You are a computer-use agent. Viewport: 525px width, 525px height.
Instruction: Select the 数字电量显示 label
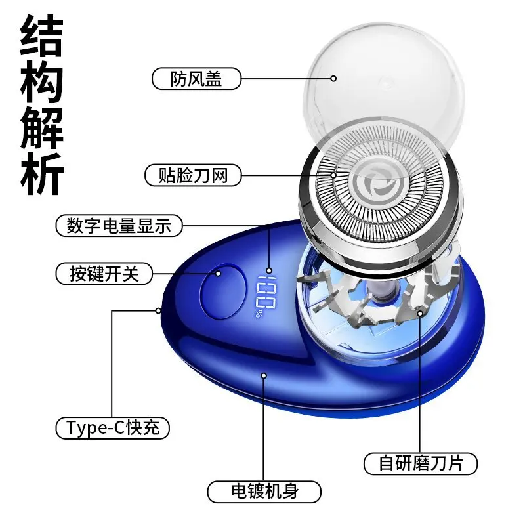(x=119, y=226)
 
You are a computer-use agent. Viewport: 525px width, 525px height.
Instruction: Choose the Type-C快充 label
(x=112, y=428)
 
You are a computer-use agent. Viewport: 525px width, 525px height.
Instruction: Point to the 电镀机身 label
(x=264, y=491)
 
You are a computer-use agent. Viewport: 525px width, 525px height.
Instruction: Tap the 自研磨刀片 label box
(x=421, y=462)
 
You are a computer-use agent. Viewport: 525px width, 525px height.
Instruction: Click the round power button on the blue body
(x=222, y=291)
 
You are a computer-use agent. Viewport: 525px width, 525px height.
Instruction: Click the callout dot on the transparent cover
(x=333, y=78)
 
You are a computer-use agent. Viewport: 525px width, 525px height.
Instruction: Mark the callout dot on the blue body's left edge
(x=158, y=310)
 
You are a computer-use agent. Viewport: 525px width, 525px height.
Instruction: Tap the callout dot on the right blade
(x=420, y=314)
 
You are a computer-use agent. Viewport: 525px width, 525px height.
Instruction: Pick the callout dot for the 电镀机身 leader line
(x=264, y=375)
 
